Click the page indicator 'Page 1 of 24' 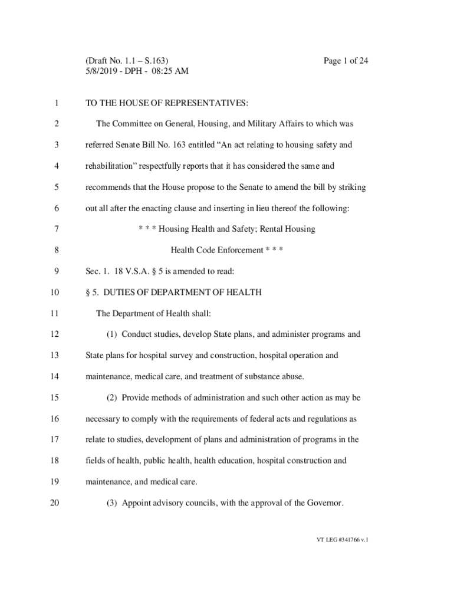(x=346, y=61)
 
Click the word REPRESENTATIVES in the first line (x=200, y=103)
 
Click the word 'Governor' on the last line (x=324, y=503)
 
